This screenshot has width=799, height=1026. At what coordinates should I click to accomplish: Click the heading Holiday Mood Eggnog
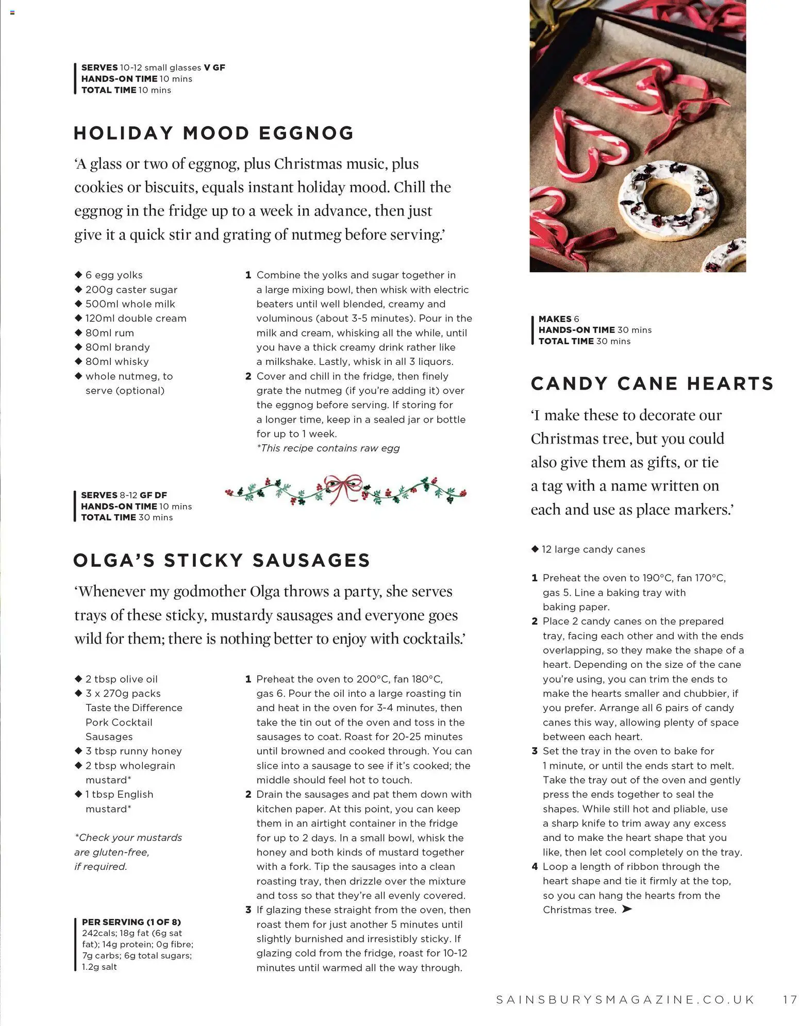(x=213, y=133)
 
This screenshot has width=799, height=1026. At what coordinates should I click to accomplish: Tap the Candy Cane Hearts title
(x=652, y=383)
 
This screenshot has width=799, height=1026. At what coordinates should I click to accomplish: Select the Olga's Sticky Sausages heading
(x=222, y=560)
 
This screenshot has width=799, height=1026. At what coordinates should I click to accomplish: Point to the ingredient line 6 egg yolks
(x=113, y=275)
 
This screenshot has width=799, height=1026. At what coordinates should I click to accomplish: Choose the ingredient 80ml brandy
(x=117, y=347)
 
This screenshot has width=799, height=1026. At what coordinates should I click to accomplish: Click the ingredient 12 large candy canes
(x=593, y=549)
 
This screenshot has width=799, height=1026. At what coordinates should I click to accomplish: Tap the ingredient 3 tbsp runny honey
(x=133, y=751)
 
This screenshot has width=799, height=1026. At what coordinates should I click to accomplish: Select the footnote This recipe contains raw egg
(x=328, y=448)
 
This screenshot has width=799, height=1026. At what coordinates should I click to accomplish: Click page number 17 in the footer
(x=790, y=1000)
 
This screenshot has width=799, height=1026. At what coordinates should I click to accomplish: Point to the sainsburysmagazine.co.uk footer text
(x=625, y=1000)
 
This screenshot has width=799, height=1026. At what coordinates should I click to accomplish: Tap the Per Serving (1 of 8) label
(x=131, y=922)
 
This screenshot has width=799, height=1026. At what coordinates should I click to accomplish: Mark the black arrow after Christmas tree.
(x=627, y=910)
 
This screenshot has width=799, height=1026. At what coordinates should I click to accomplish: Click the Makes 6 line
(x=559, y=319)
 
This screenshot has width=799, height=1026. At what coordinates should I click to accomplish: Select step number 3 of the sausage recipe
(x=248, y=910)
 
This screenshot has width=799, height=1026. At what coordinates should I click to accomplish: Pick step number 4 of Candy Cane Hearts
(x=535, y=867)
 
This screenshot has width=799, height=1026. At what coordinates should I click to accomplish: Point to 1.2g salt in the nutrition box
(x=99, y=967)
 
